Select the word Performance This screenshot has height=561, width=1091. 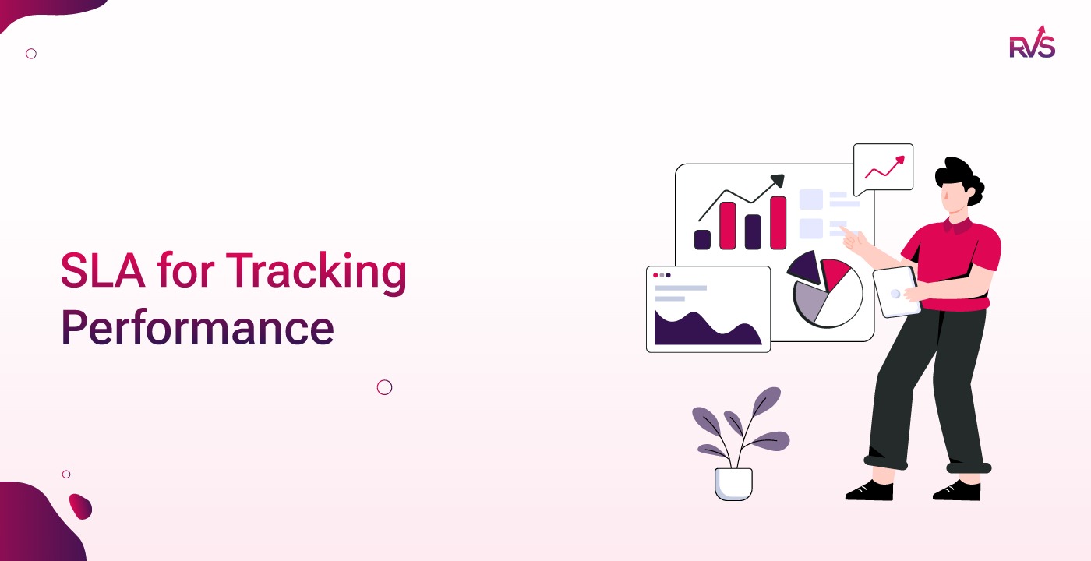[x=197, y=328]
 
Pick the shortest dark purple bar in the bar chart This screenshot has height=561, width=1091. [x=702, y=239]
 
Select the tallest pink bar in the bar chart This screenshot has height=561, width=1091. [x=778, y=223]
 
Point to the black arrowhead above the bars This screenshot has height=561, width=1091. [x=776, y=181]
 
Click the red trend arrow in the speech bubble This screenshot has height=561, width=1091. [x=885, y=167]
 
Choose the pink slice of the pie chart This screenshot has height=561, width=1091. [x=836, y=273]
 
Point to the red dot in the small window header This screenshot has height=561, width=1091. [x=655, y=275]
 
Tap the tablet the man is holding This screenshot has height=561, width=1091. [x=896, y=291]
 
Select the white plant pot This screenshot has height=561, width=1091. [x=733, y=484]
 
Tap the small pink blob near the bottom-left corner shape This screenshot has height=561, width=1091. [x=80, y=506]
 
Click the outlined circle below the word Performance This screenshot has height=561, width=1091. [x=384, y=387]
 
